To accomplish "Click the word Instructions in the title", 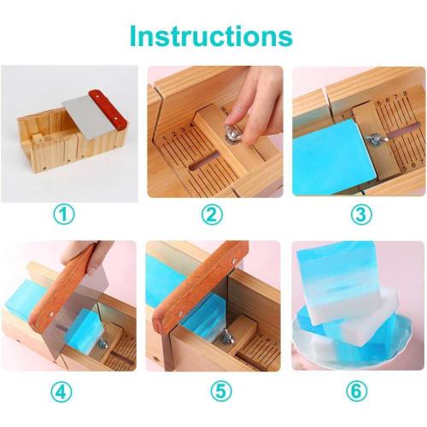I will click(x=211, y=35).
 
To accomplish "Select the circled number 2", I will click(x=212, y=214).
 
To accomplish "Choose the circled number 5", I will click(x=212, y=393).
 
